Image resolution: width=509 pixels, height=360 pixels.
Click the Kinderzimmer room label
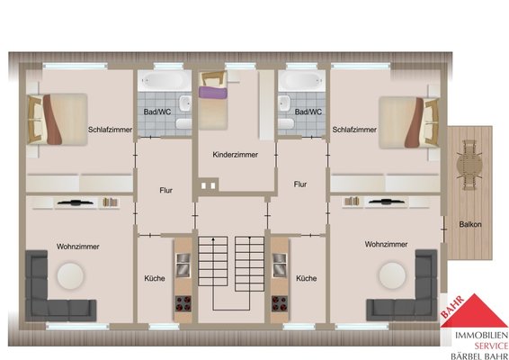coord(236,155)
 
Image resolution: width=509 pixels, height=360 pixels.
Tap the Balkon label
coord(470,224)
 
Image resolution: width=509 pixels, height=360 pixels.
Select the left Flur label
coord(165,191)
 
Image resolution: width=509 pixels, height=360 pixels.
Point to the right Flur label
coord(300,184)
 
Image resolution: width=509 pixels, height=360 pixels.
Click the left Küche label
coord(155,278)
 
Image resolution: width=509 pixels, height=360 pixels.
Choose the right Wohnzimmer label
coord(386,244)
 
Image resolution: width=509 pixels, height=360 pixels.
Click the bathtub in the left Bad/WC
coord(165,80)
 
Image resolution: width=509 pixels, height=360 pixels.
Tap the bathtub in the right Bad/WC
coord(301,80)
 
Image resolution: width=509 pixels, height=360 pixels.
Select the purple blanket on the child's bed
coord(213,92)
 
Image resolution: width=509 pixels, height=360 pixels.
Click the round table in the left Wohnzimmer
coord(70,275)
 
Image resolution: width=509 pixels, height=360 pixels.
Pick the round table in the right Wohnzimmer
coord(392,275)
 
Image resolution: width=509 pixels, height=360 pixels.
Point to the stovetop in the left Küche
coord(183,303)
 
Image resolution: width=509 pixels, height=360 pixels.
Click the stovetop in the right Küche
coord(280,303)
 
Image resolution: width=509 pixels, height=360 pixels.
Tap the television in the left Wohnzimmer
coord(76,202)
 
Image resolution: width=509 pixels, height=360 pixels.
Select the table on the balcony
coord(469,166)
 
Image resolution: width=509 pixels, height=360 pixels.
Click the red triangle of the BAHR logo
coord(475,311)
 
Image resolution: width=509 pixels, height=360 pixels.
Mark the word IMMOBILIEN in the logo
coord(482,336)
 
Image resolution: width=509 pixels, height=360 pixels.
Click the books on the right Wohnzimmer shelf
coord(352,201)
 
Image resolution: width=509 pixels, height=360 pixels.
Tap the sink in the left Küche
coord(183,265)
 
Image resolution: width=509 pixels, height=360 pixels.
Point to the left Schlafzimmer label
coord(110,130)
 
